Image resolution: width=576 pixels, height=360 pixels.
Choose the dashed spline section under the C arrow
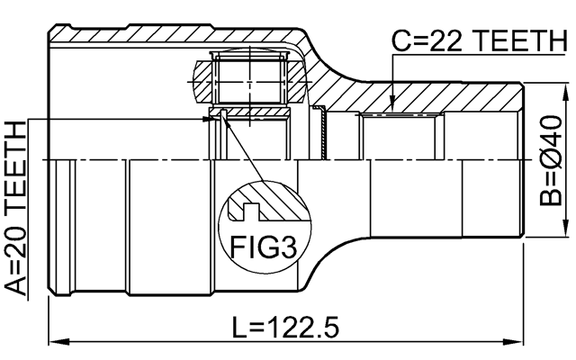(x=400, y=116)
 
